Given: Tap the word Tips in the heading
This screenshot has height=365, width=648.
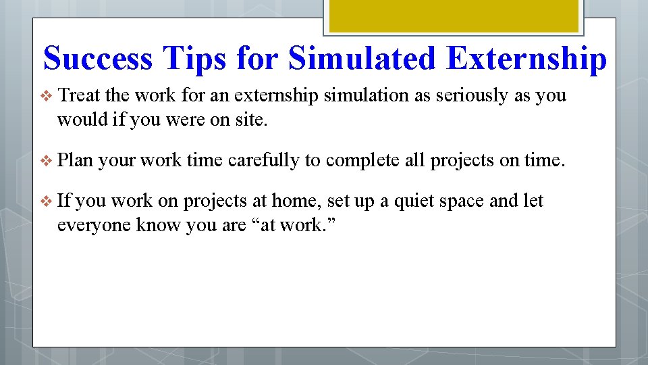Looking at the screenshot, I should click(200, 59).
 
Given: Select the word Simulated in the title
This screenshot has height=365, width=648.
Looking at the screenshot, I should click(362, 59).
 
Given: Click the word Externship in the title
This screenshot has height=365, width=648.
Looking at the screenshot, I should click(526, 59).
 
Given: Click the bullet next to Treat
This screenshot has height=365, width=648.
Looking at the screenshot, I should click(47, 96).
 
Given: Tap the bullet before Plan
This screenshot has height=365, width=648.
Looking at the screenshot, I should click(47, 161).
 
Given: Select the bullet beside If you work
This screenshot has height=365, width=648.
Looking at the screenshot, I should click(47, 201).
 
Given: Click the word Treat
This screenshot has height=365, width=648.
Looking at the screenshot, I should click(80, 95).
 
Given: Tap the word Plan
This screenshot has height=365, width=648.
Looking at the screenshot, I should click(76, 160).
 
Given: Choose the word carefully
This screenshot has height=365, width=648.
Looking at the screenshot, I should click(264, 160).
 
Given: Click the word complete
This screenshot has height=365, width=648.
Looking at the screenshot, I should click(365, 160).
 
